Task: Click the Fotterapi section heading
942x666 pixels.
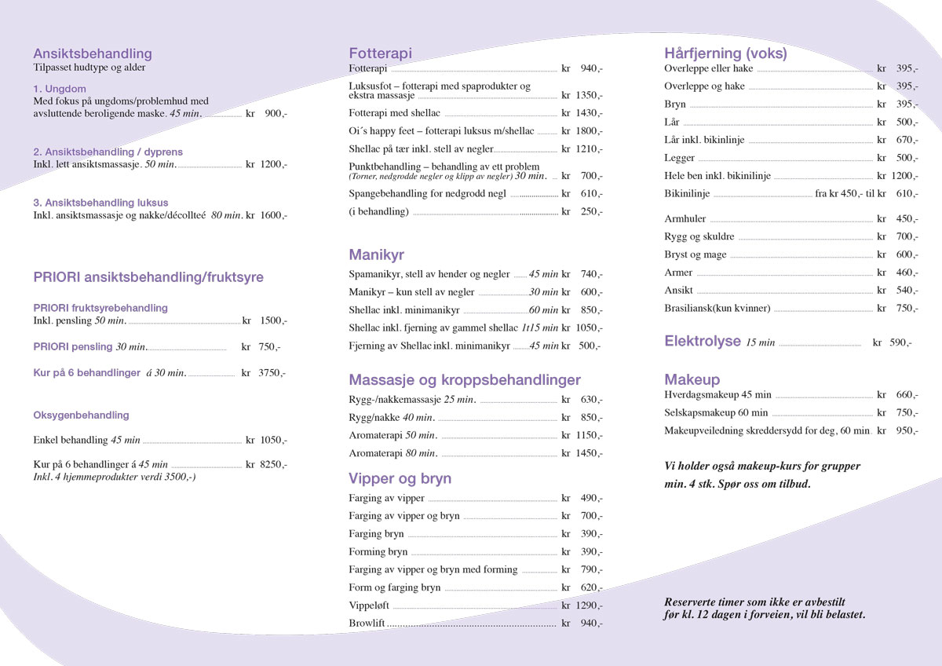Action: pyautogui.click(x=380, y=53)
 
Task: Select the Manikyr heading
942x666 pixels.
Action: pyautogui.click(x=376, y=255)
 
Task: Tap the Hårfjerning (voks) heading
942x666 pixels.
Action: pyautogui.click(x=725, y=53)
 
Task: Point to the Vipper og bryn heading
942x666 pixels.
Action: pyautogui.click(x=400, y=478)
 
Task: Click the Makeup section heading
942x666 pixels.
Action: pyautogui.click(x=692, y=379)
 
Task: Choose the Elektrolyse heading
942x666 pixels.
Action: pyautogui.click(x=703, y=341)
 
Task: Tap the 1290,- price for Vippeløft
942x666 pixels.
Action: pyautogui.click(x=589, y=606)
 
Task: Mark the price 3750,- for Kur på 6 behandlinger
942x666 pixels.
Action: pyautogui.click(x=272, y=373)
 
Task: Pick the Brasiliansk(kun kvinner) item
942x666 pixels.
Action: pyautogui.click(x=717, y=308)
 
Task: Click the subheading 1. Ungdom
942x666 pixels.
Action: pyautogui.click(x=60, y=89)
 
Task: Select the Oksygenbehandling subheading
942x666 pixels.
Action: pyautogui.click(x=81, y=415)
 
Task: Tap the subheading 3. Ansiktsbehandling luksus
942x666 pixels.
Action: pyautogui.click(x=100, y=203)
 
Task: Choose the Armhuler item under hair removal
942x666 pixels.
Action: pyautogui.click(x=685, y=219)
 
